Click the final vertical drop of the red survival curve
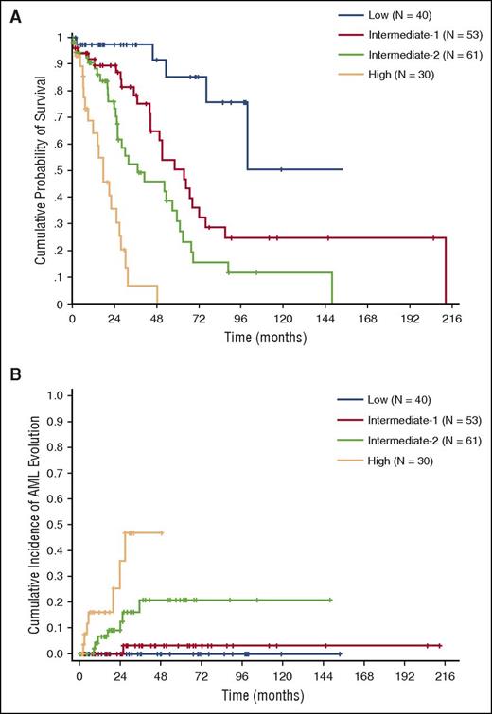click(x=446, y=270)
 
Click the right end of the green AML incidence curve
click(x=331, y=600)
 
